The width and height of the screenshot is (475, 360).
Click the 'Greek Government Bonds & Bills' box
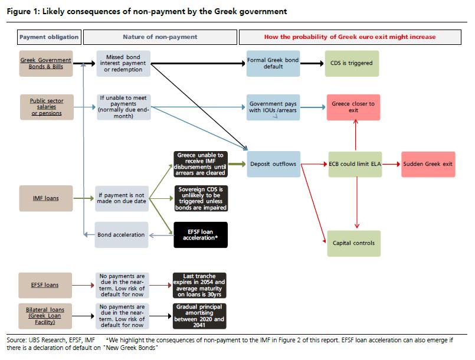click(x=46, y=63)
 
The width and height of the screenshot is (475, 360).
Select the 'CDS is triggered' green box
click(x=352, y=63)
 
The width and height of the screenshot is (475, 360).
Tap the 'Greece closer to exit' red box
click(x=353, y=107)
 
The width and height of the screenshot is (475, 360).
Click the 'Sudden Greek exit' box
click(x=428, y=164)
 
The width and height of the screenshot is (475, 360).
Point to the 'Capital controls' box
click(x=354, y=243)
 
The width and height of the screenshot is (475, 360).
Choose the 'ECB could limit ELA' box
click(x=355, y=164)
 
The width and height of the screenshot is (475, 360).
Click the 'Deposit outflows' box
click(x=274, y=164)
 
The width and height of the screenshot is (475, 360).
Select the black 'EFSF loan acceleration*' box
click(x=201, y=235)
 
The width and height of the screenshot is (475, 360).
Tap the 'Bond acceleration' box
click(x=122, y=235)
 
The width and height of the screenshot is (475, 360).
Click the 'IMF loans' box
click(x=46, y=198)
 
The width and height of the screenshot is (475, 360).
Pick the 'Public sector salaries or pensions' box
click(x=47, y=107)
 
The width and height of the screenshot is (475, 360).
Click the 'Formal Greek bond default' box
click(x=273, y=63)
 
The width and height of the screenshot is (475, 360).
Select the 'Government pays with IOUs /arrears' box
click(x=273, y=107)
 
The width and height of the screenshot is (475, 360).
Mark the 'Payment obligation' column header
click(x=49, y=37)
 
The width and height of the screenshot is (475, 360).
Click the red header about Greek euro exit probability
click(x=350, y=37)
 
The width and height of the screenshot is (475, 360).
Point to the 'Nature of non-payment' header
click(x=160, y=37)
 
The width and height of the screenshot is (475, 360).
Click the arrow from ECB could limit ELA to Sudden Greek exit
click(x=391, y=164)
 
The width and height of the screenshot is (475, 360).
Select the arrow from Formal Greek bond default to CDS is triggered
click(x=312, y=63)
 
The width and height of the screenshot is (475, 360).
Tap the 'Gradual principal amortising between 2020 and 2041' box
click(x=199, y=316)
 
